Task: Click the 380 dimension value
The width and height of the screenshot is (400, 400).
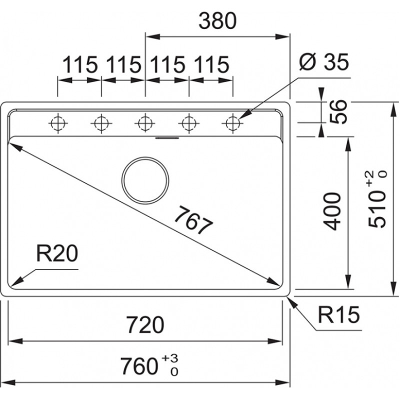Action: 216,21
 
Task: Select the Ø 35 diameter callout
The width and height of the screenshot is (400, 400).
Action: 322,63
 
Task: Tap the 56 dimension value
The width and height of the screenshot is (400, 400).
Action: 339,111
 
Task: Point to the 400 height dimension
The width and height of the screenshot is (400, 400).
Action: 333,210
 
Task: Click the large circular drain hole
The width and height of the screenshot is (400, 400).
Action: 145,180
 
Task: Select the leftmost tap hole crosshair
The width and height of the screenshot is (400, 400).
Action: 57,121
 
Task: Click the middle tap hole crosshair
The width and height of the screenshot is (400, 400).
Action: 144,121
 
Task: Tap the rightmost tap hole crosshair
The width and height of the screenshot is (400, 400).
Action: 232,121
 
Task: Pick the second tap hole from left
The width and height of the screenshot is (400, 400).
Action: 101,121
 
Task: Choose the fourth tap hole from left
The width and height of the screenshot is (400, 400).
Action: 188,121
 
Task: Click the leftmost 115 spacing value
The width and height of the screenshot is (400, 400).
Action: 79,65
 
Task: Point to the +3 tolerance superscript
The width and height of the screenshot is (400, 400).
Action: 170,358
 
